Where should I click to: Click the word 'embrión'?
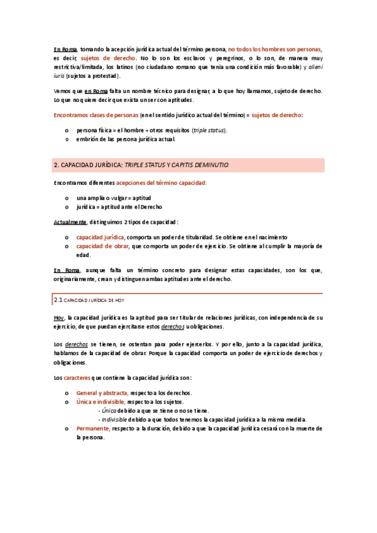[x=88, y=139]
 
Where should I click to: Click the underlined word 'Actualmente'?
[x=70, y=221]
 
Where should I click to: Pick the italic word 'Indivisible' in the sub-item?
[x=115, y=419]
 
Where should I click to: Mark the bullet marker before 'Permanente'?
[x=67, y=428]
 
